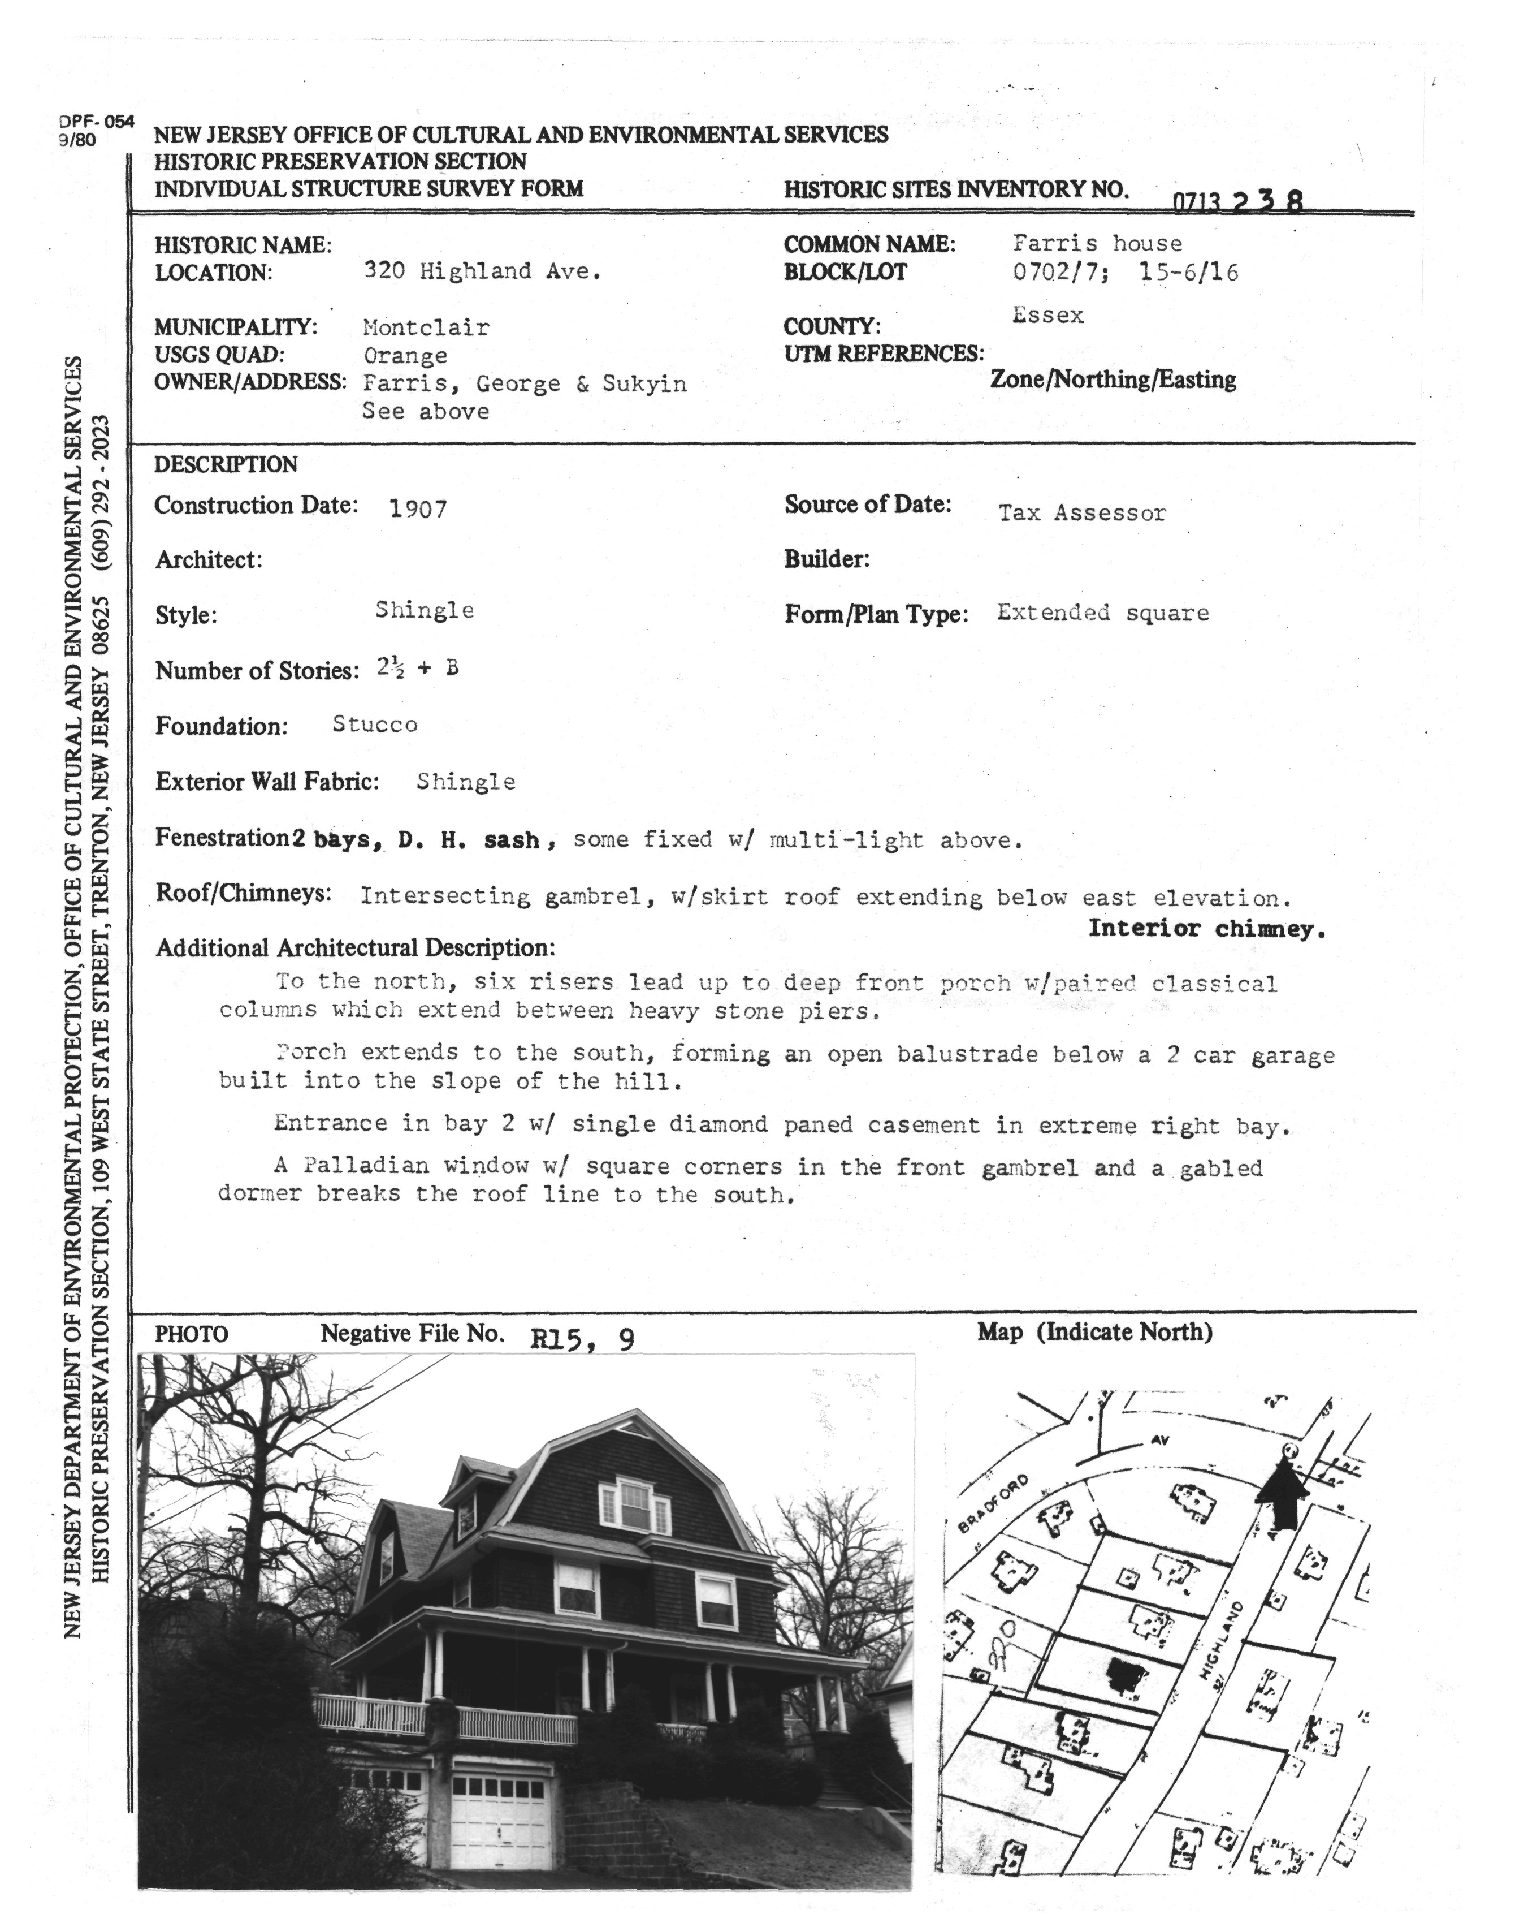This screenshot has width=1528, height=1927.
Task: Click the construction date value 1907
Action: pyautogui.click(x=417, y=510)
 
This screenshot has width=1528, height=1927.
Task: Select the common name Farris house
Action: pyautogui.click(x=1097, y=243)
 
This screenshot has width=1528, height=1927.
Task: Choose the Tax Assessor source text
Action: pyautogui.click(x=1081, y=513)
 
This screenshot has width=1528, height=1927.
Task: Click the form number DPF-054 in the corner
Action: pyautogui.click(x=97, y=122)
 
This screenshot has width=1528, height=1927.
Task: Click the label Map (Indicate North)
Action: pyautogui.click(x=1094, y=1333)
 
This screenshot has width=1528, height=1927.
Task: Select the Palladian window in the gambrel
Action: pyautogui.click(x=634, y=1506)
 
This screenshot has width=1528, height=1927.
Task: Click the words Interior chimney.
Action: pyautogui.click(x=1205, y=929)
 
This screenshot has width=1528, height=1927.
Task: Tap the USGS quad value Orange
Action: pyautogui.click(x=405, y=356)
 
